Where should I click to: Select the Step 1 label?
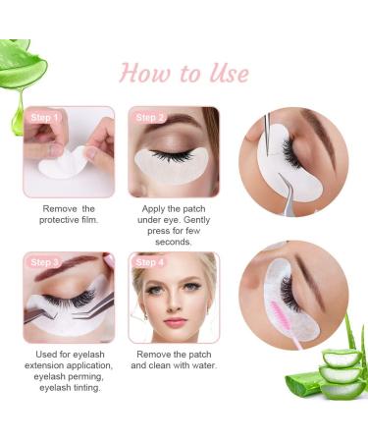click(x=44, y=117)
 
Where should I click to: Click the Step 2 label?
click(x=150, y=117)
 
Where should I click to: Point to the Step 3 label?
click(x=44, y=262)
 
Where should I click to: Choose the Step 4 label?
click(x=150, y=262)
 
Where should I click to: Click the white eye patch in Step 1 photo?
click(x=65, y=161)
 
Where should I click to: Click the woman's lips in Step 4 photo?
click(x=175, y=322)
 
